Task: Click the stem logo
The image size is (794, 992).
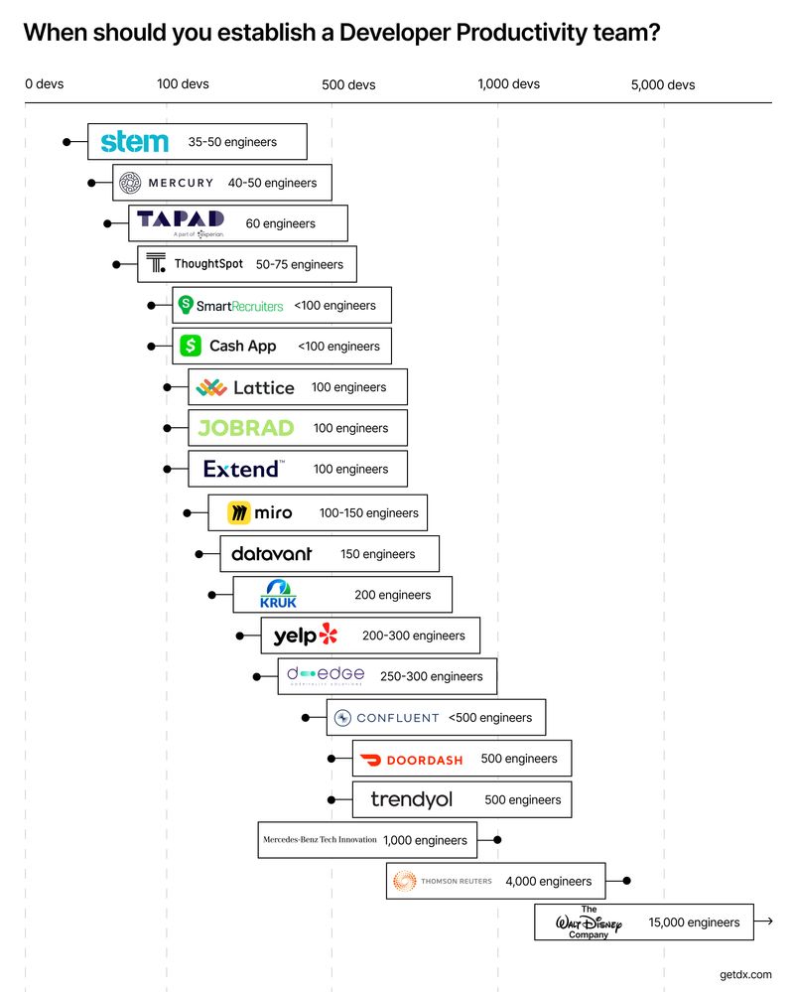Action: tap(135, 142)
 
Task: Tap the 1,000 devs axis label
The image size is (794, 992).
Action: tap(508, 84)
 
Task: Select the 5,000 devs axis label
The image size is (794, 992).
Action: tap(663, 84)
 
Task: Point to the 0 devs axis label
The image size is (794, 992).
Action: tap(45, 84)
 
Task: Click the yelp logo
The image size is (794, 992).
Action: tap(306, 636)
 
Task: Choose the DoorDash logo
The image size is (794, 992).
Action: tap(411, 760)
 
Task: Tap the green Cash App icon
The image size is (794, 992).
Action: tap(191, 346)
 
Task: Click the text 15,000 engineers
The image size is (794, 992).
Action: tap(694, 922)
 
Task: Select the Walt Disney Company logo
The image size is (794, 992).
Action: tap(589, 922)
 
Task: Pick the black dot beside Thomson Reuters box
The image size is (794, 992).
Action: tap(625, 881)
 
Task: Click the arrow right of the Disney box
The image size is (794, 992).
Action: tap(764, 922)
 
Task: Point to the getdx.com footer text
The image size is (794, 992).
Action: tap(745, 975)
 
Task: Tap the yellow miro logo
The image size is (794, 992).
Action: tap(238, 512)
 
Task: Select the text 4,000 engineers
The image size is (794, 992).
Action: tap(548, 881)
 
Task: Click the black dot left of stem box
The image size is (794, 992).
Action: tap(67, 142)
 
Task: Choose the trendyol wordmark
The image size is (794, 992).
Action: tap(410, 799)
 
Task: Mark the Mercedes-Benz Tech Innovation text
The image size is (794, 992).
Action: tap(320, 840)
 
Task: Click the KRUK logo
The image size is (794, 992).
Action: tap(278, 594)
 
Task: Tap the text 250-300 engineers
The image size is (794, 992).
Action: tap(431, 676)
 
